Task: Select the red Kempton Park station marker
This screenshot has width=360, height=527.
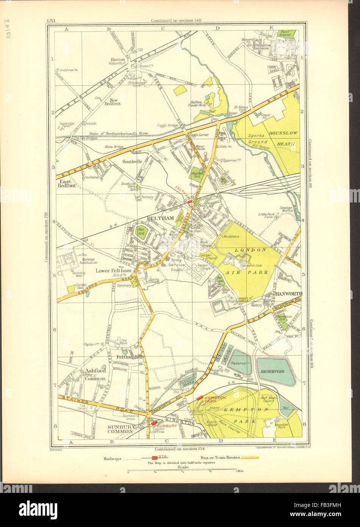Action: tap(199, 398)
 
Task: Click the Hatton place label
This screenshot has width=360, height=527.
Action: tap(117, 59)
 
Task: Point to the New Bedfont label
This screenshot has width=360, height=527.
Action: tap(113, 101)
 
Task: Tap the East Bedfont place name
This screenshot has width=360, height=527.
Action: tap(67, 184)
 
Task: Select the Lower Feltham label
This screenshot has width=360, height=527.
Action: tap(114, 271)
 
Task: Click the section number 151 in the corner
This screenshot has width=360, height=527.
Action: tap(51, 20)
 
